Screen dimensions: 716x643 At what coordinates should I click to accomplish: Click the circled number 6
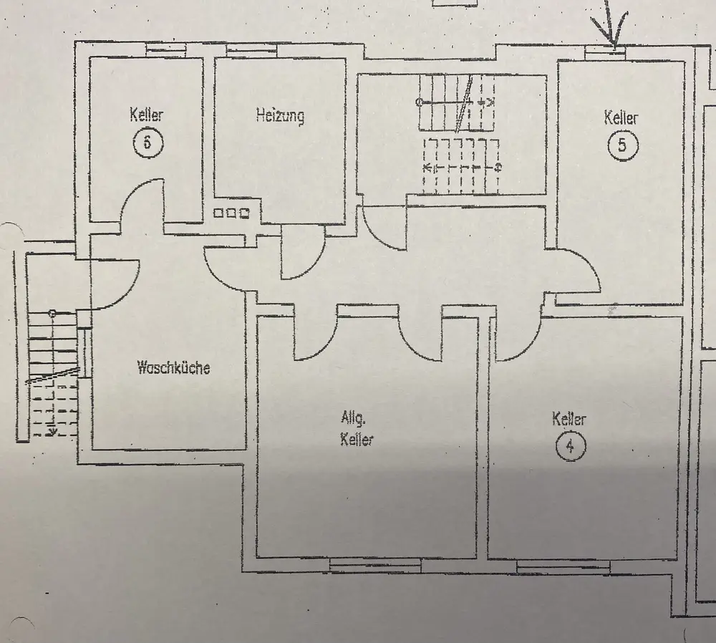coord(147,141)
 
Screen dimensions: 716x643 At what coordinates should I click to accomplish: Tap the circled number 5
coord(621,145)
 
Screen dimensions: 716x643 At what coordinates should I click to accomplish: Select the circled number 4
coord(570,448)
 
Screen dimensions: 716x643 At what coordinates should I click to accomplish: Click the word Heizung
coord(279,115)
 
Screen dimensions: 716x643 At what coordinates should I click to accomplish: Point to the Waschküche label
coord(173,369)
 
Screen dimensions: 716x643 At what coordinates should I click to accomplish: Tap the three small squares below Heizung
coord(231,213)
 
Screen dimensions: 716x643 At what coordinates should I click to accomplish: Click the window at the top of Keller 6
coord(165,50)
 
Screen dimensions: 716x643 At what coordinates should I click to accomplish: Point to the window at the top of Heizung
coord(246,51)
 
